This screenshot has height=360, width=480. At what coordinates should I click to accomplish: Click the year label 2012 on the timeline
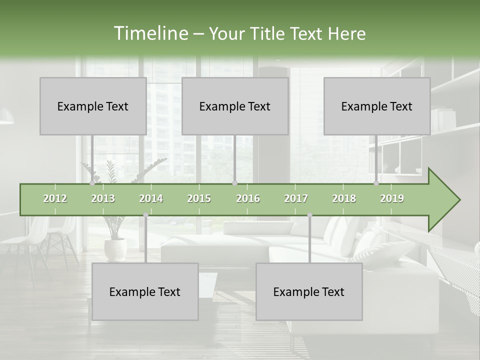coord(55,199)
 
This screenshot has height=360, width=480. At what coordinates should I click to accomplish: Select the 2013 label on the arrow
coord(103,199)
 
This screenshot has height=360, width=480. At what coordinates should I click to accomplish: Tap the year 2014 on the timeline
coord(151,199)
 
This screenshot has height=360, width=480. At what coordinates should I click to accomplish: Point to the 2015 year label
coord(199,199)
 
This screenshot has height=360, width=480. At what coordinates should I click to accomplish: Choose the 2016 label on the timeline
coord(248,199)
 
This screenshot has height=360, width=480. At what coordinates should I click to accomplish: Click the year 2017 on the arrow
coord(296,199)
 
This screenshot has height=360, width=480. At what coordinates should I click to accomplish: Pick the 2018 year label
coord(344,199)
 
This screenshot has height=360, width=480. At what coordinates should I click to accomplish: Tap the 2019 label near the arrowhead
coord(392,199)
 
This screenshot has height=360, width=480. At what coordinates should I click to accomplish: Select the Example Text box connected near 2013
coord(93,106)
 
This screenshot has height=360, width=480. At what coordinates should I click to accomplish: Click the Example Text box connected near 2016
coord(235,106)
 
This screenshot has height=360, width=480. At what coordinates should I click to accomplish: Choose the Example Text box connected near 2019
coord(377,106)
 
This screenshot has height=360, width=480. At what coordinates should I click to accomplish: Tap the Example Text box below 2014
coord(145,291)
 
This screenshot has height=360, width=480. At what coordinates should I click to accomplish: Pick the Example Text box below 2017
coord(309,291)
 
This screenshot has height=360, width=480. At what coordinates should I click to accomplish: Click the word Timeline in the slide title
coord(150,33)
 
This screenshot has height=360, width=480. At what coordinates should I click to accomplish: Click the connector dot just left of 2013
coord(92,183)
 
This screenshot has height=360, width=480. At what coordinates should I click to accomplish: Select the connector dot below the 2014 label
coord(145,215)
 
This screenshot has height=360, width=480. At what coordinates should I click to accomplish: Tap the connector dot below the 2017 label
coord(309,215)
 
